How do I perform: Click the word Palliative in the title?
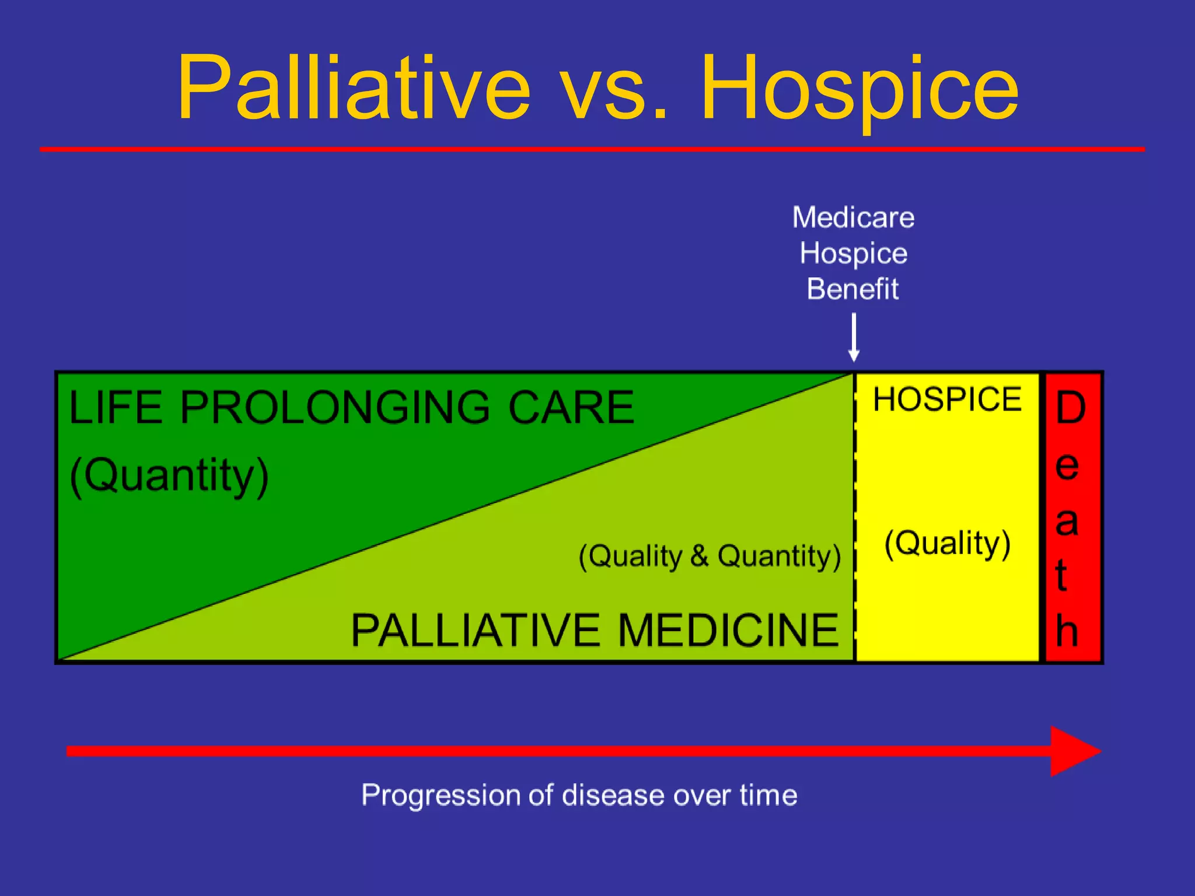click(353, 87)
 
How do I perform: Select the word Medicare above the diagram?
click(853, 218)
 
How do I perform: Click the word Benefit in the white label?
click(852, 289)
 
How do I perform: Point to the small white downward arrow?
click(854, 338)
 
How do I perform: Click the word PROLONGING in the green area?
click(334, 407)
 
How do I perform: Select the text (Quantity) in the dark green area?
click(169, 475)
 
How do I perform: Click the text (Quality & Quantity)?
click(710, 556)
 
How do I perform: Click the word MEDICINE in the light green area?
click(728, 631)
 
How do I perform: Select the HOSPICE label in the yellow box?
click(947, 400)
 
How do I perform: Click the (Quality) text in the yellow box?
click(947, 543)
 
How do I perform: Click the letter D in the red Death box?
click(1071, 408)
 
